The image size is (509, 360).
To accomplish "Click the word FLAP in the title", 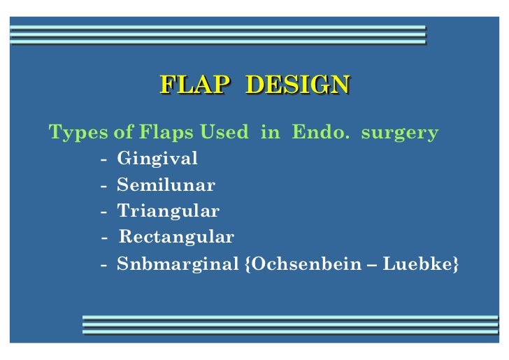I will click(x=194, y=85).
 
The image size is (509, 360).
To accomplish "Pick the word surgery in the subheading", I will click(x=400, y=132).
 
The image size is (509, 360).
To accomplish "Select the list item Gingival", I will click(x=157, y=159).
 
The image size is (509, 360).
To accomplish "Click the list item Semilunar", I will click(x=166, y=186).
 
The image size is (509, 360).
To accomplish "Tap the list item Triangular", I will click(x=168, y=211).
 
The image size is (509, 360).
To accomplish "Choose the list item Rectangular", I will click(x=176, y=237).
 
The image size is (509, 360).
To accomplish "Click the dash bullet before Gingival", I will click(x=103, y=160).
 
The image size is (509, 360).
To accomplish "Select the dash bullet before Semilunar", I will click(x=103, y=187).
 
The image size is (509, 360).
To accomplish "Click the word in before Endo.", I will click(x=269, y=132).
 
